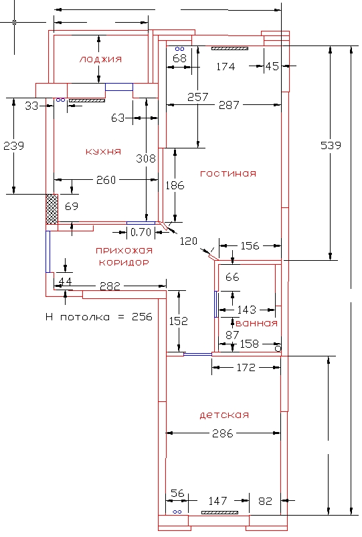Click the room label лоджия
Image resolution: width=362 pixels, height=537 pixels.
100,60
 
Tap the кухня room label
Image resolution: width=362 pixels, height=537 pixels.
103,151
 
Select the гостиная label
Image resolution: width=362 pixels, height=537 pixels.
228,173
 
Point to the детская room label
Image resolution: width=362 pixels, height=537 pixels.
224,415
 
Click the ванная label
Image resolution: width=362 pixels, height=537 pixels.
256,323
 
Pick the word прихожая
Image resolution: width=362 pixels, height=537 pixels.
124,250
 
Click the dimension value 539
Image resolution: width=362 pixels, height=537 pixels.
331,145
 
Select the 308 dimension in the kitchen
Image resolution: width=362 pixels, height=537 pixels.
146,158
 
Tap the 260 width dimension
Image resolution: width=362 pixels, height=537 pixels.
106,180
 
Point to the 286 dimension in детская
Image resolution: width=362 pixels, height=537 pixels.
222,433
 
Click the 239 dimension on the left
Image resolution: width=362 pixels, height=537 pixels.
13,146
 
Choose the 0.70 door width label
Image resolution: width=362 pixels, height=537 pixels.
141,232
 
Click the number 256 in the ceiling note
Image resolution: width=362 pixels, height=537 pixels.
142,317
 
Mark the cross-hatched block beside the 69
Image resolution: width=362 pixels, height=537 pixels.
52,209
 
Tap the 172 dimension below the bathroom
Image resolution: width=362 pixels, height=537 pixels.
246,368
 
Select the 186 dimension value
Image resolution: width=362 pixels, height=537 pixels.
175,185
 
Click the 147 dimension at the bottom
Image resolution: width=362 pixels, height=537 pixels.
217,501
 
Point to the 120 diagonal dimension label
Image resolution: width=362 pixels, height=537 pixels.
189,241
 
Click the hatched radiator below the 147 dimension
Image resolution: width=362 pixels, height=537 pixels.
219,513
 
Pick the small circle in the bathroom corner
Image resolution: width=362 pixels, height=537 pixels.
278,348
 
